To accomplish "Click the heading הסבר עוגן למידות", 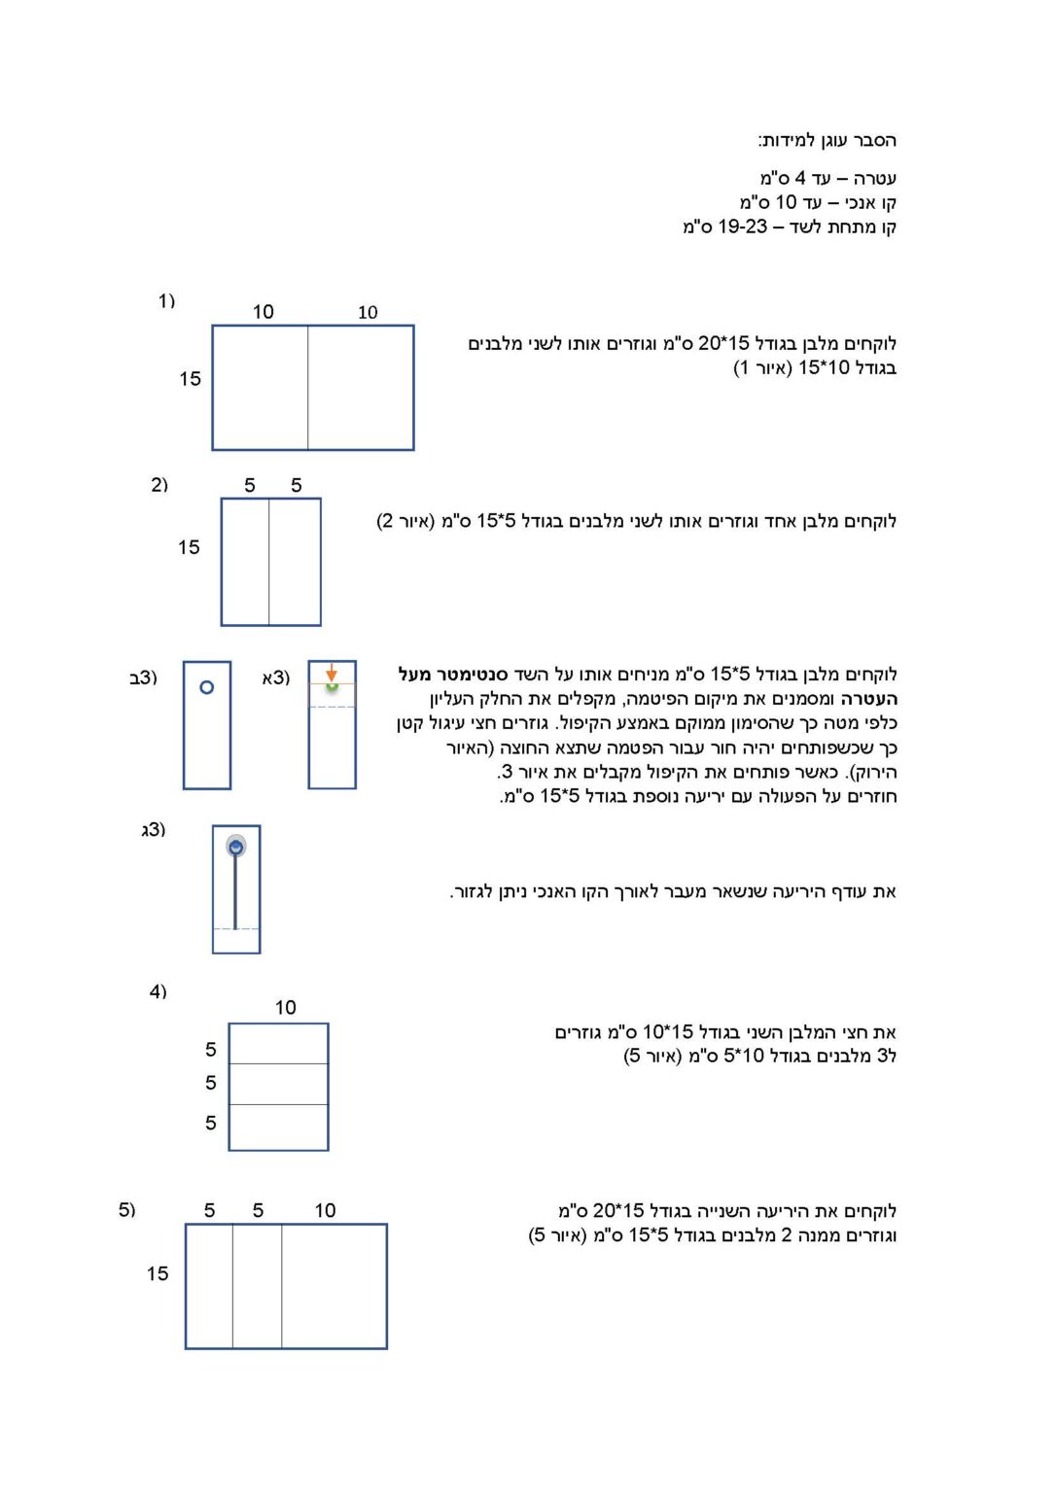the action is click(827, 141).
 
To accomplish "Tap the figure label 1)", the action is click(166, 300).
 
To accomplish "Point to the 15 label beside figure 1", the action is click(190, 378).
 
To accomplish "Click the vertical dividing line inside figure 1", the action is click(308, 387).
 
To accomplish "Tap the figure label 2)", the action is click(159, 485).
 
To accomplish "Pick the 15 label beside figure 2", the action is click(189, 547).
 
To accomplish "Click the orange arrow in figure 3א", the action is click(332, 672).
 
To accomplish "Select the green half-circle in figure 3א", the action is click(332, 686).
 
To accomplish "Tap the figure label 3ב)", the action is click(143, 677).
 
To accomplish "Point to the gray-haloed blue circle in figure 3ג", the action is click(235, 847).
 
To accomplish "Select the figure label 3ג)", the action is click(153, 829).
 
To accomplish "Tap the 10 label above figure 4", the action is click(285, 1007).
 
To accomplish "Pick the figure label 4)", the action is click(158, 991).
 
